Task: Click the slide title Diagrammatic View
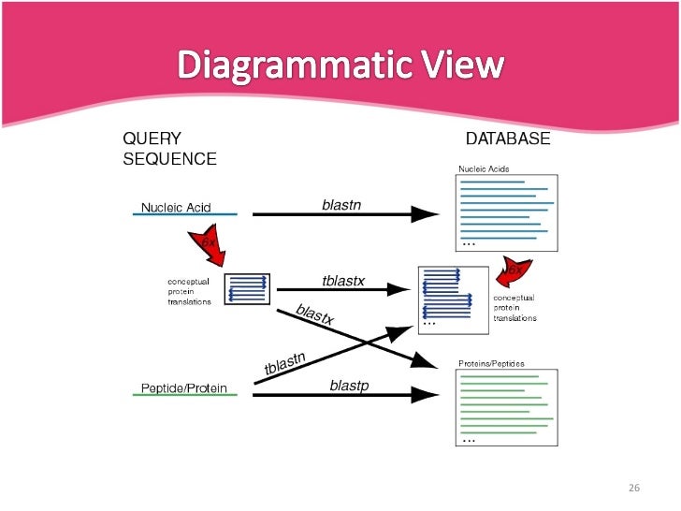341,66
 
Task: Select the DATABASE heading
508,139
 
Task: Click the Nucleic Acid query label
176,207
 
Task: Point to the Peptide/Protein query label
183,387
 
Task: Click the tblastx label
342,280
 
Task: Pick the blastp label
349,385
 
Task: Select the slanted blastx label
314,315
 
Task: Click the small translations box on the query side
248,288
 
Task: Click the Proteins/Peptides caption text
491,363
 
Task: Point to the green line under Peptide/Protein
184,396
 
